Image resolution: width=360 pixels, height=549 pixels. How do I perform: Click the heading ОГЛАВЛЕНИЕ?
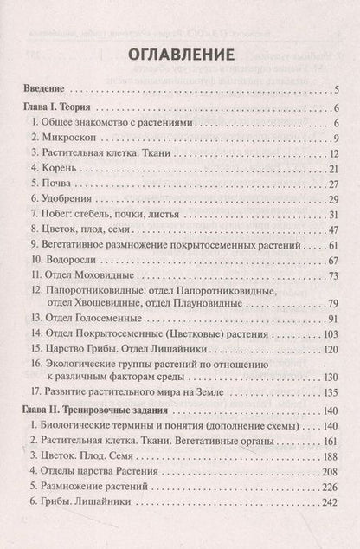pos(180,55)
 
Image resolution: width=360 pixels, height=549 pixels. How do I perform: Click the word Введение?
pos(42,89)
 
